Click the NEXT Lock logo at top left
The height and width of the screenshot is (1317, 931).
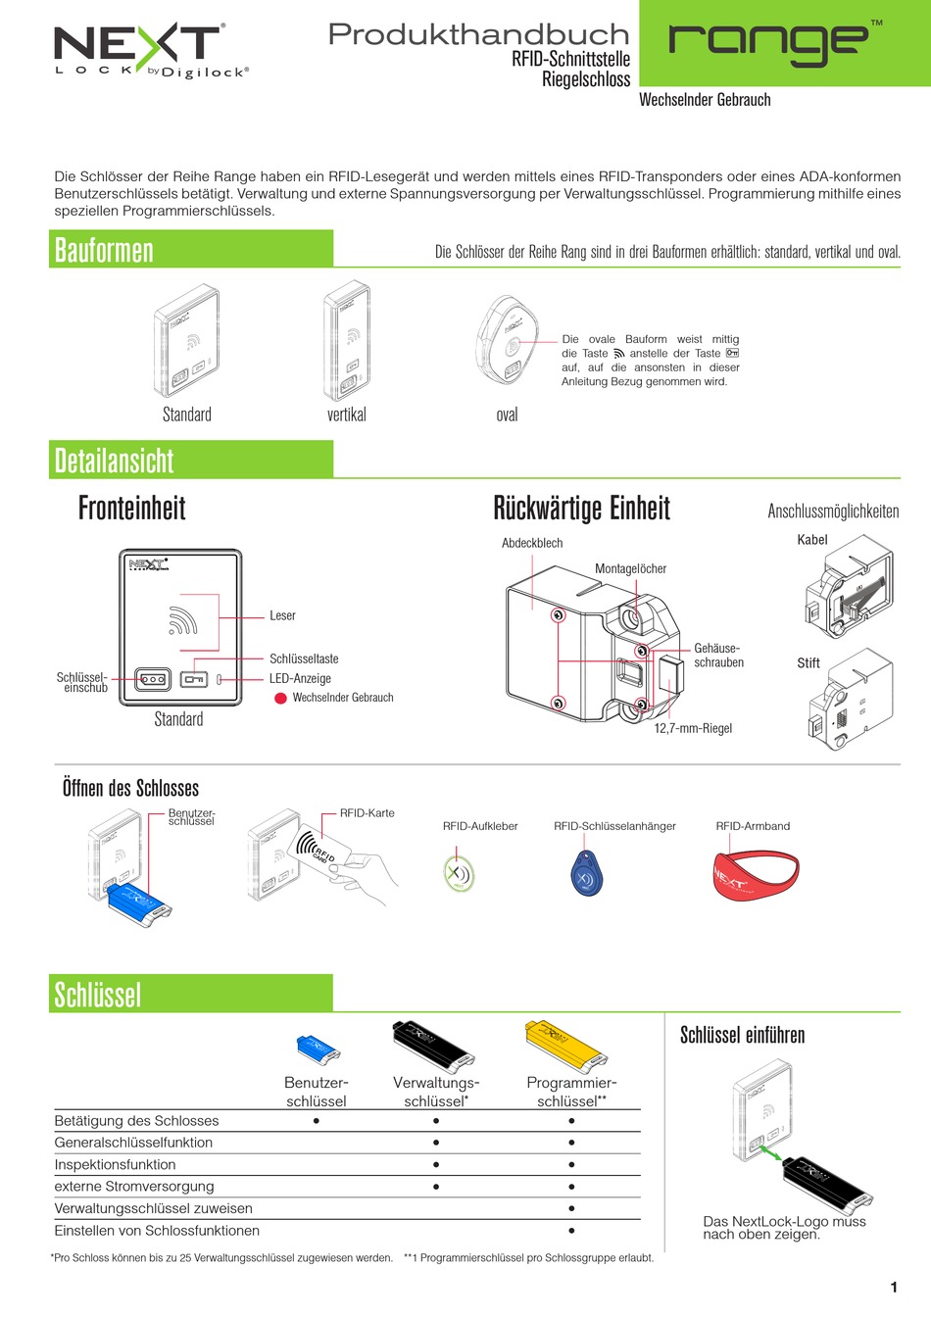click(x=151, y=51)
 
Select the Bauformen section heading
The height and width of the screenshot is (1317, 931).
click(x=104, y=251)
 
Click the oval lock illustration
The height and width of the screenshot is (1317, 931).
click(x=506, y=339)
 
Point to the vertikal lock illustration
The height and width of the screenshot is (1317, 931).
click(x=347, y=340)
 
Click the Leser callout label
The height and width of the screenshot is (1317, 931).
click(x=282, y=615)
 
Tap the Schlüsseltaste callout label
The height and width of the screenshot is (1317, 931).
click(x=304, y=658)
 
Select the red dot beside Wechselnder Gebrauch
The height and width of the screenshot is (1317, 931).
click(x=280, y=698)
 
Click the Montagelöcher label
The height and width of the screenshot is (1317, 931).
click(x=630, y=568)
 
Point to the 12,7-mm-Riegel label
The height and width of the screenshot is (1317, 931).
click(x=693, y=728)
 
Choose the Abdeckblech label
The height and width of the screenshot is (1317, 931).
click(x=532, y=543)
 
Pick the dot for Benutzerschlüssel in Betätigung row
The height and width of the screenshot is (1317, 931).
click(x=317, y=1121)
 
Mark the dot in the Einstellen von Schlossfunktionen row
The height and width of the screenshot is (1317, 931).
click(x=571, y=1230)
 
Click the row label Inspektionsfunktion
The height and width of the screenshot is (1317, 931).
click(x=115, y=1164)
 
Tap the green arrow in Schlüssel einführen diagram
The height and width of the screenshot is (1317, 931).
click(x=770, y=1153)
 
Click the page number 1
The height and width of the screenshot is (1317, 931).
click(x=894, y=1287)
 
